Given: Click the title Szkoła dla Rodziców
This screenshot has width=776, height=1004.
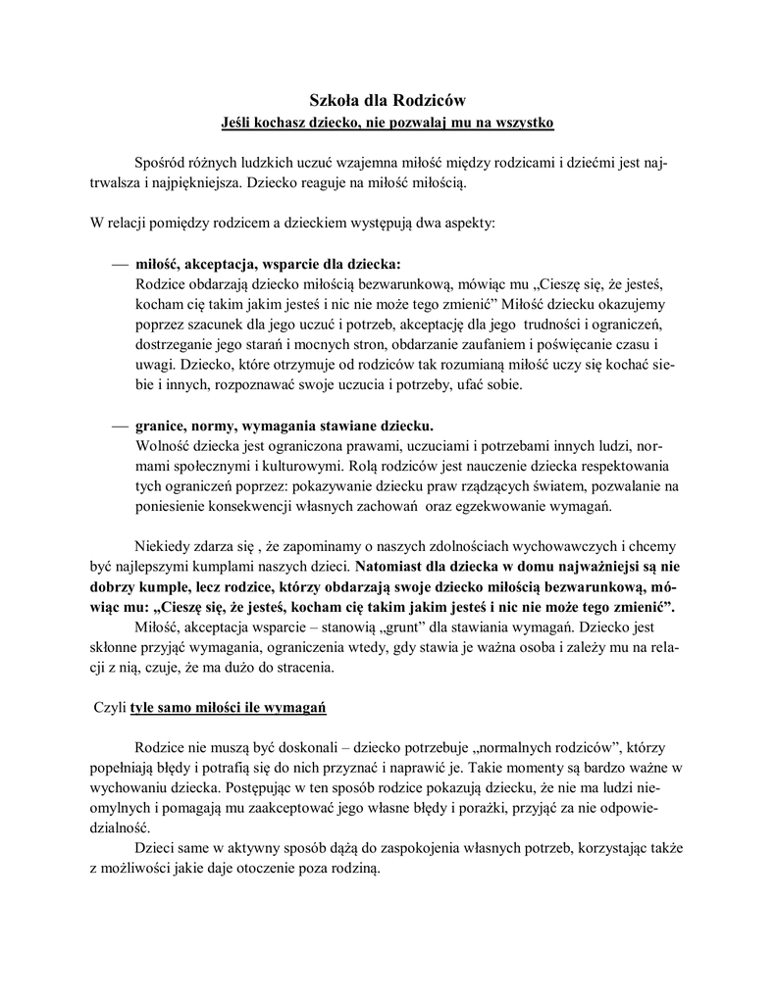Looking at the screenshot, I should (388, 99).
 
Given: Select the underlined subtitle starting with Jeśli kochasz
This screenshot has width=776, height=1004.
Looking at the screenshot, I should (388, 123).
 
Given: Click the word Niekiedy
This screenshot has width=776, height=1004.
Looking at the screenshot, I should (162, 546).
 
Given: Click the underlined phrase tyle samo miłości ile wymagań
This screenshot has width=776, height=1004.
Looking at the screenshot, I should (229, 707).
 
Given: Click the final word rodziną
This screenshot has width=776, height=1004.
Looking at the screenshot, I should (354, 870).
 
